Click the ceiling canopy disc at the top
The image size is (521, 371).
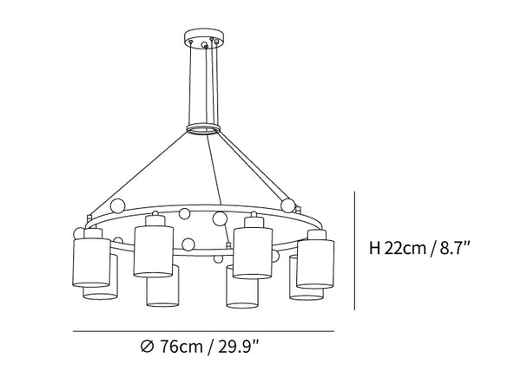(204, 36)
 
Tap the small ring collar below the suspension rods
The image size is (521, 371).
(203, 129)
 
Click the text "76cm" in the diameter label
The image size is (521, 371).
(181, 347)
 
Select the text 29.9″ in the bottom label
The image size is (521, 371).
(238, 347)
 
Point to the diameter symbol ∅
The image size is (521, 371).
(148, 347)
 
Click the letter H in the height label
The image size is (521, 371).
(375, 248)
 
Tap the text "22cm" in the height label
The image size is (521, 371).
(405, 248)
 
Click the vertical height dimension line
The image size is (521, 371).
(355, 251)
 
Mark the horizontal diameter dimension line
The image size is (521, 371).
(203, 331)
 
